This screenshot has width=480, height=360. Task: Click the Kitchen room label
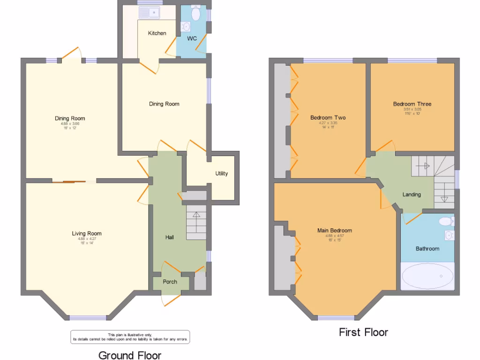point(157,33)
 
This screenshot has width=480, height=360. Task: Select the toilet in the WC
point(195,14)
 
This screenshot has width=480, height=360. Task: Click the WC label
point(192,38)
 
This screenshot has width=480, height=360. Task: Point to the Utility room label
point(222,173)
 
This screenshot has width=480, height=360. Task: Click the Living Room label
point(87,233)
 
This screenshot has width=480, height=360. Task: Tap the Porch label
point(170,282)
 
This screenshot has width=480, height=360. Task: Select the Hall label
point(170,238)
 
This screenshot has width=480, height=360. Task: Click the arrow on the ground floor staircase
point(195,216)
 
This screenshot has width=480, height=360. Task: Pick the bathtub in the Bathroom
point(427,276)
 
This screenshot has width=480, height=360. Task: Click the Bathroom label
point(427,248)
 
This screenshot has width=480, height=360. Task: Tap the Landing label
point(412,195)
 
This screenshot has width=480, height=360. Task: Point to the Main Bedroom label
point(334,230)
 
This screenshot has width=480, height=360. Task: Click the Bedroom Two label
point(328,118)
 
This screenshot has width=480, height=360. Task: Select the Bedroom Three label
point(412,104)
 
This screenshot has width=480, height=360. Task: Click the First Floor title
point(363,332)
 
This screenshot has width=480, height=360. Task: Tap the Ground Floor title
point(130,355)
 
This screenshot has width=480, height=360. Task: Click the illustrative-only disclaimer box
point(130,337)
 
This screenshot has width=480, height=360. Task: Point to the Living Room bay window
point(88,318)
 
